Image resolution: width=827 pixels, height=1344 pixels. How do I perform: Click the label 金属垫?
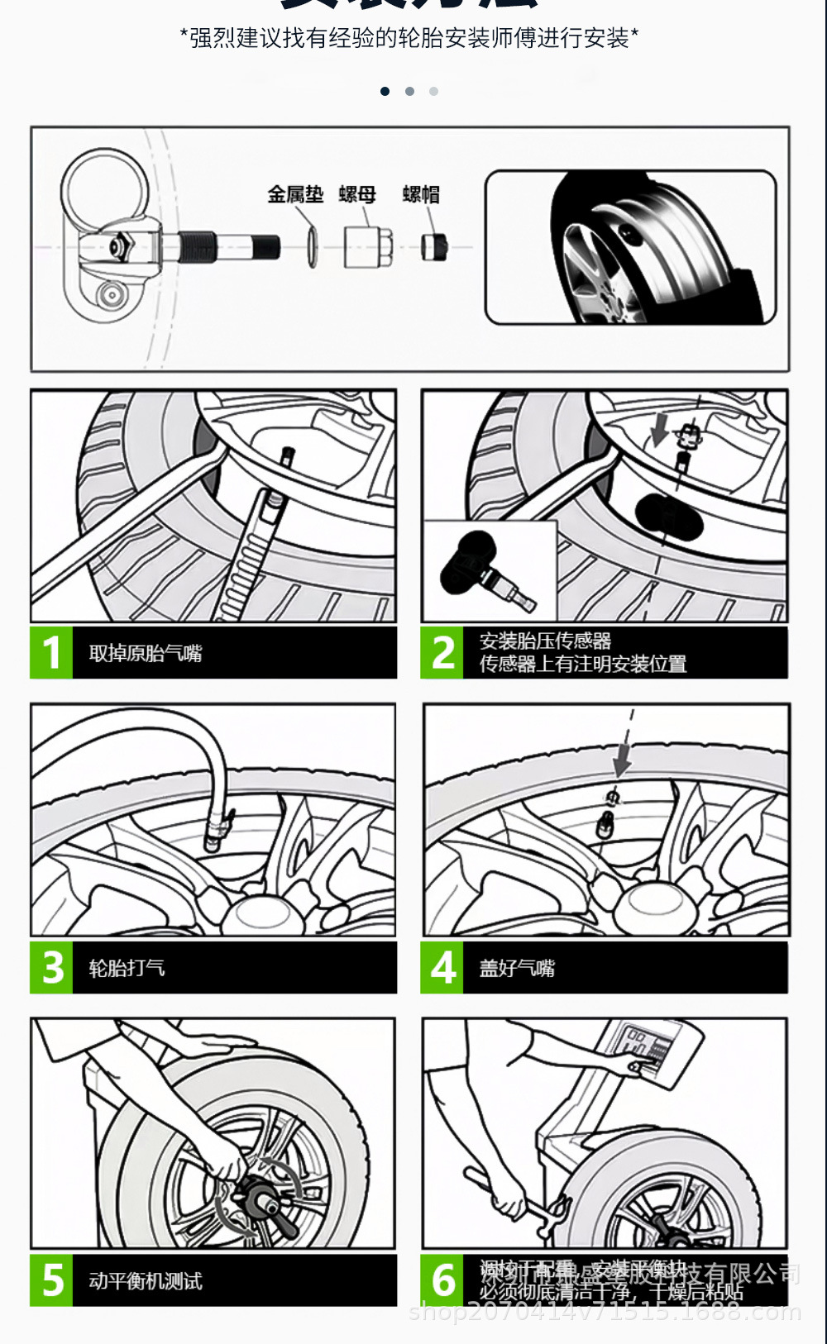tap(295, 194)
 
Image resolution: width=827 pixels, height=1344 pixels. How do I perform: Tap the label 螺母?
tap(357, 194)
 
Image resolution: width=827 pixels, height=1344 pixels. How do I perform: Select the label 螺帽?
tap(421, 194)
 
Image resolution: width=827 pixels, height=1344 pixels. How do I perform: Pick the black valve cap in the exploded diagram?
tap(434, 246)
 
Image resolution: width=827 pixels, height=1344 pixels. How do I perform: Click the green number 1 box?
tap(52, 653)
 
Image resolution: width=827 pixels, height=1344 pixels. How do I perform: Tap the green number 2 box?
tap(442, 653)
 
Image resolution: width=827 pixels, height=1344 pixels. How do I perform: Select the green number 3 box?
tap(52, 967)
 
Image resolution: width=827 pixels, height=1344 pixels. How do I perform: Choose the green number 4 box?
tap(442, 967)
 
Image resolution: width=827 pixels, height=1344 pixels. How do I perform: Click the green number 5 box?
tap(52, 1280)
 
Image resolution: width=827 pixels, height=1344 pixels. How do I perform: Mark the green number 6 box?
tap(442, 1280)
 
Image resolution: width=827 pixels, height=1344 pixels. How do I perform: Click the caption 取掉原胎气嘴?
tap(146, 653)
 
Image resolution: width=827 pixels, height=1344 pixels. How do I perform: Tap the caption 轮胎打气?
tap(127, 967)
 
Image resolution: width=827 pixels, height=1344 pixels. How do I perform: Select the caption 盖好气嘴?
tap(517, 967)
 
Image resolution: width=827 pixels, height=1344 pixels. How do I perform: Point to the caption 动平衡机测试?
tap(146, 1281)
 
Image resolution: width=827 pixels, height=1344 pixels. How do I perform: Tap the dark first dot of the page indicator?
tap(385, 91)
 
